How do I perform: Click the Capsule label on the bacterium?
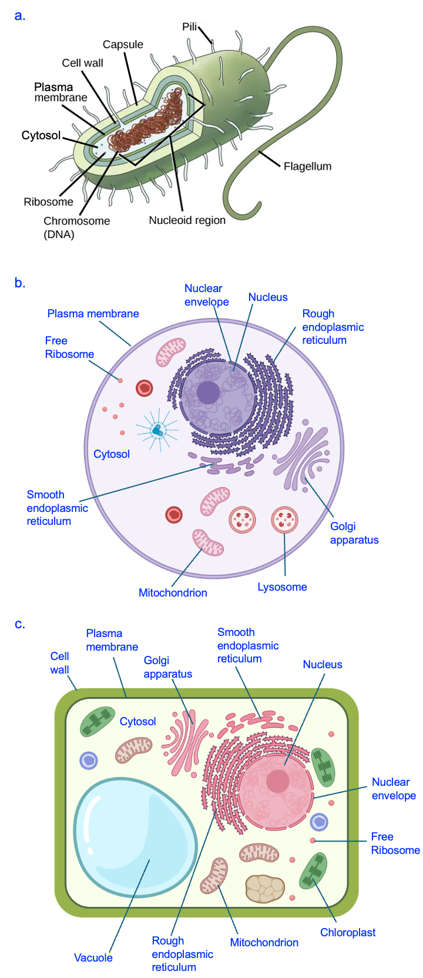[123, 45]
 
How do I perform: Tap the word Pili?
[189, 27]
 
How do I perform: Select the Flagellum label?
[307, 166]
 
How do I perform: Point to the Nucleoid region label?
[187, 220]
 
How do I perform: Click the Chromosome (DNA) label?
[76, 227]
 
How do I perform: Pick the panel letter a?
[20, 16]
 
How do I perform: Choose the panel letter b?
[20, 283]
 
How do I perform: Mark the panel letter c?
[20, 624]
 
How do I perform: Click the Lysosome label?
[282, 587]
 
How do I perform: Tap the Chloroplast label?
[348, 933]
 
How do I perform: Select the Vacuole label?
[93, 957]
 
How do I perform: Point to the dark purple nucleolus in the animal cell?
[208, 393]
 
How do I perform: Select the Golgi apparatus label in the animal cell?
[354, 533]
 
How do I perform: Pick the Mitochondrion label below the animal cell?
[173, 593]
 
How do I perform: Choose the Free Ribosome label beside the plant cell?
[395, 843]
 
